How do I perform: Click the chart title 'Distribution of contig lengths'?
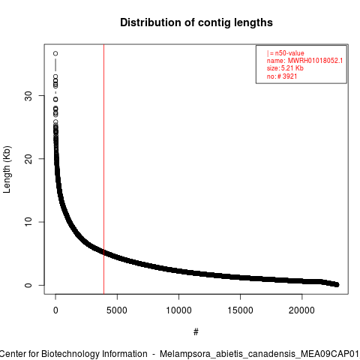(x=196, y=22)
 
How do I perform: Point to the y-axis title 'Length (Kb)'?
(x=7, y=169)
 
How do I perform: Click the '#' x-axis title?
(x=196, y=331)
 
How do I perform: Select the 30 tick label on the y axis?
(x=28, y=96)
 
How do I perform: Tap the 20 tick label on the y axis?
(x=28, y=159)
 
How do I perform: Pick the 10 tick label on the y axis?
(x=28, y=222)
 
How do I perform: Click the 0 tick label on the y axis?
(x=28, y=285)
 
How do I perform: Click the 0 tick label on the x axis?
(x=55, y=310)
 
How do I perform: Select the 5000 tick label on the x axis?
(x=117, y=310)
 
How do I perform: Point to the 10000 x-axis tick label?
(x=178, y=310)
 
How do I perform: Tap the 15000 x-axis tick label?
(x=240, y=310)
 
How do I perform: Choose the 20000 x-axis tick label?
(x=301, y=310)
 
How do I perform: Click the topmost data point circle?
(x=55, y=53)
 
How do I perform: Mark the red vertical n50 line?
(x=103, y=169)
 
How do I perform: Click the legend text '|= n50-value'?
(x=286, y=53)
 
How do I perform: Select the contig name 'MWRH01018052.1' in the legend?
(x=315, y=61)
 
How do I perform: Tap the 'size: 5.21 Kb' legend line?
(x=285, y=68)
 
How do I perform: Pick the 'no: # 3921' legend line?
(x=282, y=76)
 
